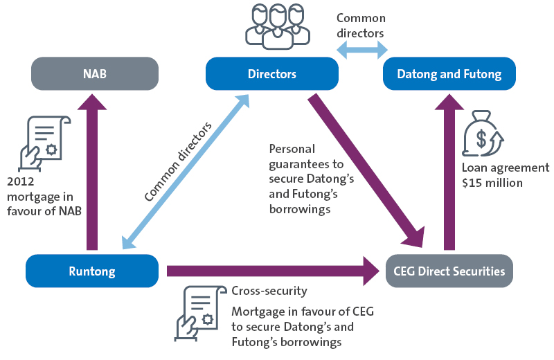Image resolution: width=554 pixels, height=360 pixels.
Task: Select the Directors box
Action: click(x=272, y=73)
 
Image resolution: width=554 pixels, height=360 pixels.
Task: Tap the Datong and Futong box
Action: click(x=449, y=73)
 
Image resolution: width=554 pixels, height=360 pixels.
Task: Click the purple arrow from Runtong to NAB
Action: click(x=92, y=173)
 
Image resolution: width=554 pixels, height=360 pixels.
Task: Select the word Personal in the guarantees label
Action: click(x=292, y=149)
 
